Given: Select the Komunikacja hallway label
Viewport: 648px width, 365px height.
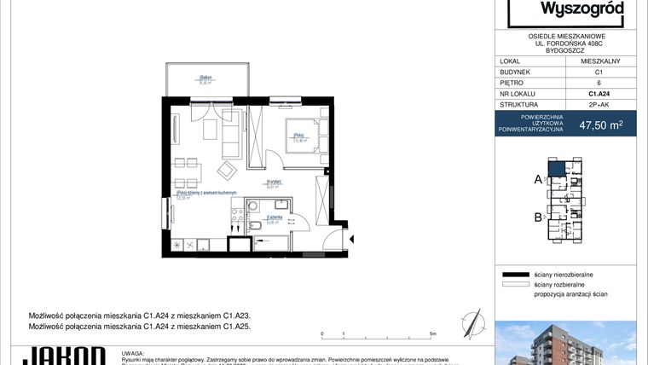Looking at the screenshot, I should click(x=274, y=182).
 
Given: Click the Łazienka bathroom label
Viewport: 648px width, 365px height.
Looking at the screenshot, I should click(x=273, y=218).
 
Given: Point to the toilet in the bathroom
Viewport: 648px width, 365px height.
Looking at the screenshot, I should click(x=255, y=226).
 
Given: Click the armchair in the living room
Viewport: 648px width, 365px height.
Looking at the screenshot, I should click(x=228, y=171).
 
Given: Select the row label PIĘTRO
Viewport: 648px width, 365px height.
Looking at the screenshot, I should click(x=512, y=84).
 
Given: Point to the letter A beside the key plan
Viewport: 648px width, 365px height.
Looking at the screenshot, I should click(x=538, y=179).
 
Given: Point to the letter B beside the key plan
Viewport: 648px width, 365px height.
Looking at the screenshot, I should click(x=538, y=217).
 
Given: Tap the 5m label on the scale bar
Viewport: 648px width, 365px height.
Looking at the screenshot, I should click(x=433, y=334).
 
